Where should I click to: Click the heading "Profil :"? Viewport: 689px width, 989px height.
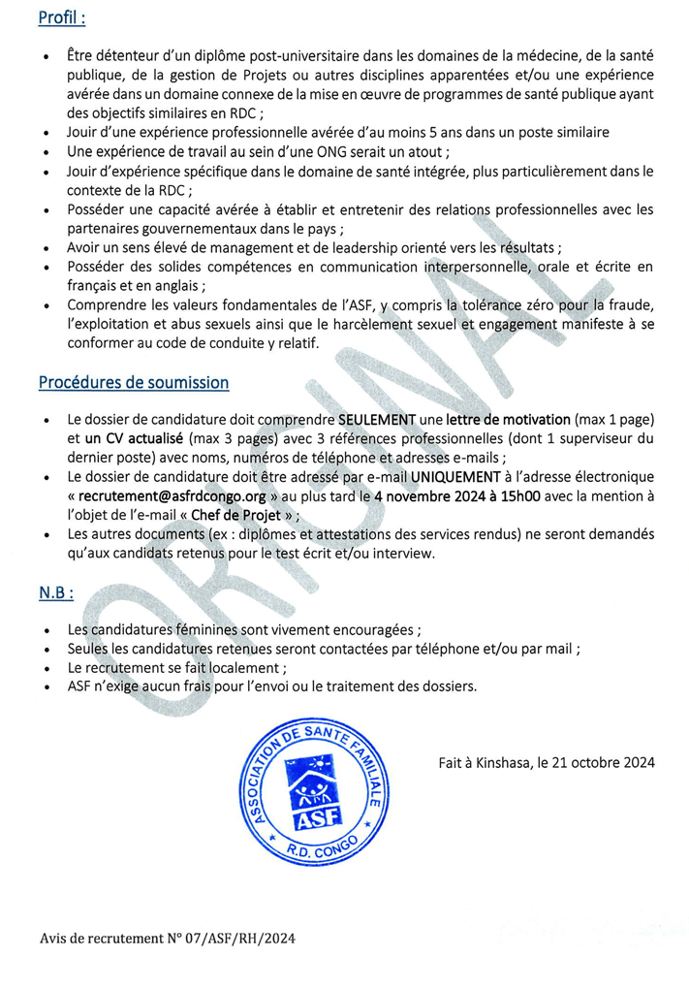(x=62, y=17)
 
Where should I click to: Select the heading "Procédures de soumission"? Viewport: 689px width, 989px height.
(x=134, y=382)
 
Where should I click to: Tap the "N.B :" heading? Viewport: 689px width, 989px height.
(x=56, y=591)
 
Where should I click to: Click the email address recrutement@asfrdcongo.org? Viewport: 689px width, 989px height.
(x=164, y=496)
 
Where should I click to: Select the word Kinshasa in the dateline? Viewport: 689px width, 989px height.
(x=500, y=763)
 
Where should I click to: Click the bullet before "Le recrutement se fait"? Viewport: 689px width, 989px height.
(x=47, y=669)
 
